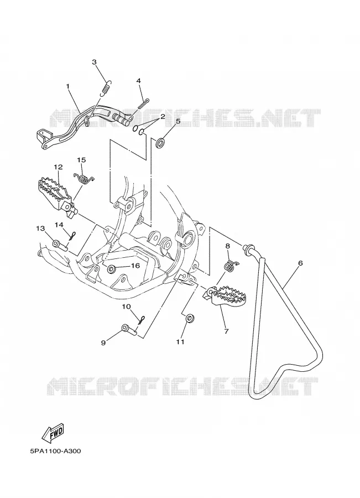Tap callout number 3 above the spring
94,62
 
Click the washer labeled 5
160,143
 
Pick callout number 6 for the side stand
300,263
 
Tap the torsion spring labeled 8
231,266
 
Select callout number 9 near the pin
103,343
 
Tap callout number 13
40,229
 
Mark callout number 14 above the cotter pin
59,225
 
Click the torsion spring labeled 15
84,179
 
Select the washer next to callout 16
112,269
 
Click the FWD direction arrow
53,433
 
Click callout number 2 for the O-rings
162,117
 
